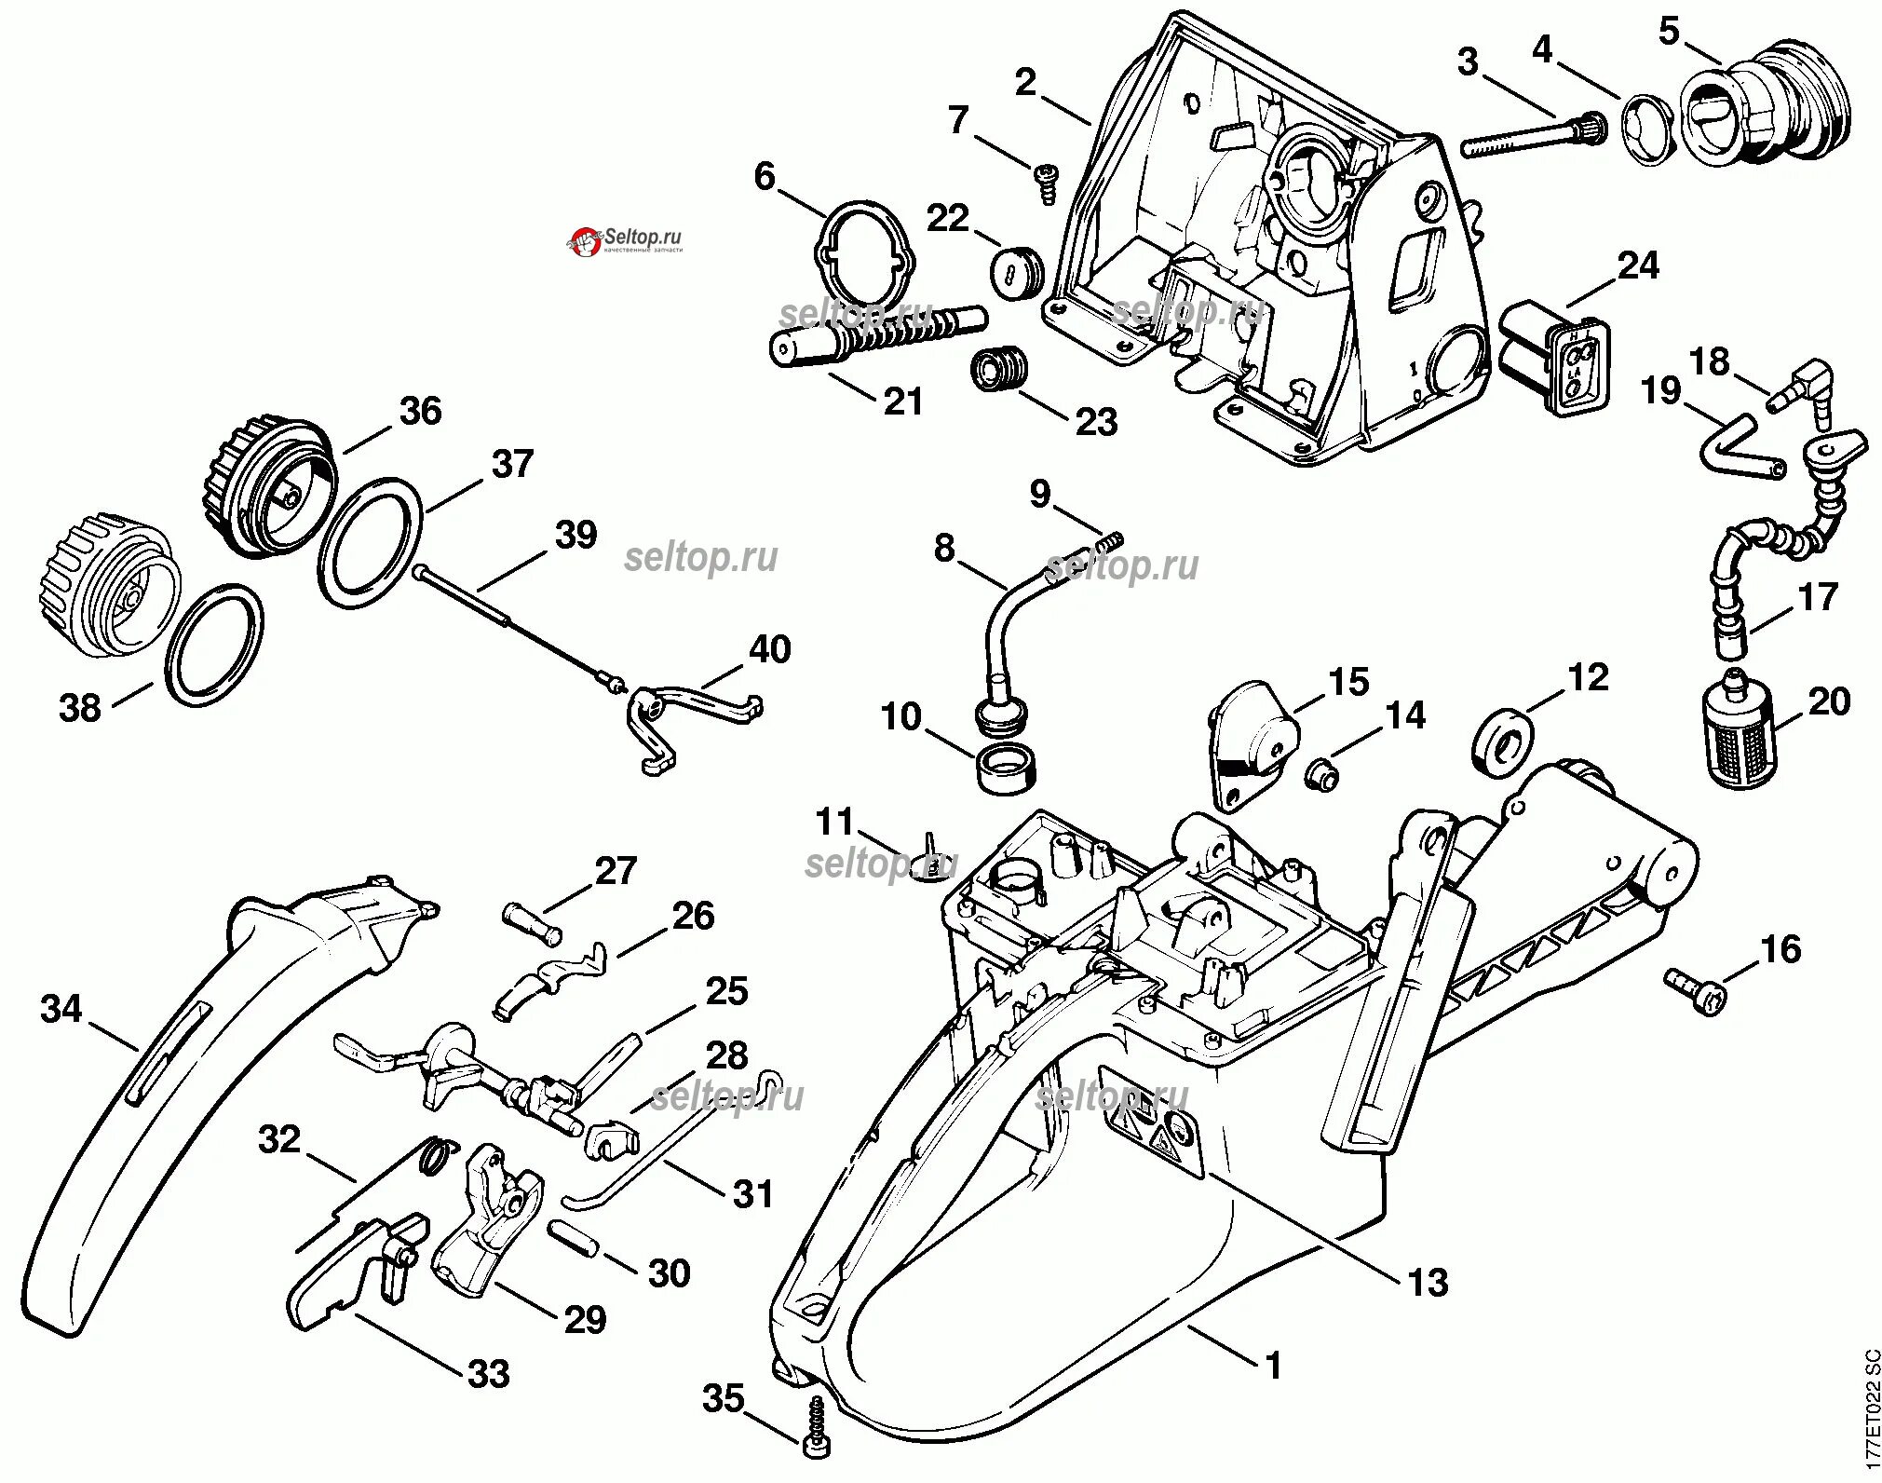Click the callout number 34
coord(61,1010)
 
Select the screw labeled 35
coord(816,1437)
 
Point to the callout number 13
coord(1428,1282)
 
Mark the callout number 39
coord(575,536)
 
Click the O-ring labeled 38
coord(214,647)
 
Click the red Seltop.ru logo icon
coord(585,244)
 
